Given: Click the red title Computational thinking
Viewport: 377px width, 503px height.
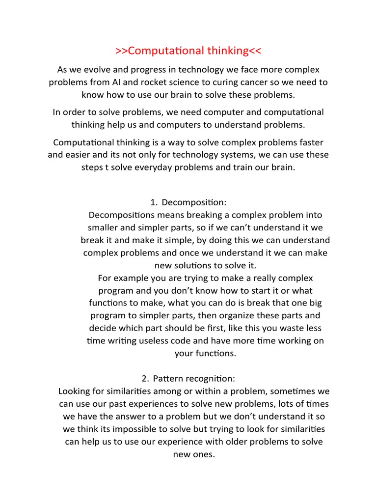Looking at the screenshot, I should point(188,51).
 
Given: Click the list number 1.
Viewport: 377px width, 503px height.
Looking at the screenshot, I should point(153,202).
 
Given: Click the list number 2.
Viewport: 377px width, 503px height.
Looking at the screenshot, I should point(144,379).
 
